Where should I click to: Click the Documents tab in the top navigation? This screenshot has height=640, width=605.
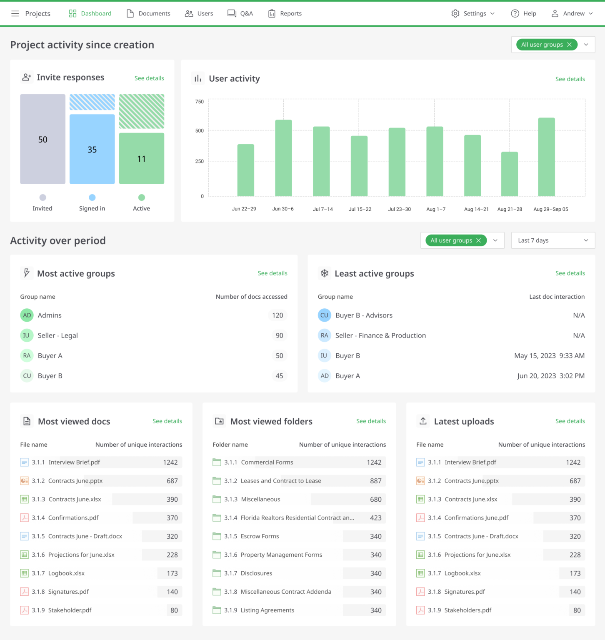coord(148,13)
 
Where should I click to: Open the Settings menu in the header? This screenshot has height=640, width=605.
coord(473,13)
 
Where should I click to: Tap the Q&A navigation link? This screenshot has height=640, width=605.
coord(240,13)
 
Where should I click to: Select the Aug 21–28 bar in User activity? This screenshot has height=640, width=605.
coord(509,174)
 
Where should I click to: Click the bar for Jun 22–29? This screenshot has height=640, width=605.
coord(245,170)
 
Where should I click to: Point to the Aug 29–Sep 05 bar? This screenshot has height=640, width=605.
coord(546,157)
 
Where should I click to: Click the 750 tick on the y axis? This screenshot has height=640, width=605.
coord(200,102)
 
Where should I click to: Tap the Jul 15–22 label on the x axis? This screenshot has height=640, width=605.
coord(360,209)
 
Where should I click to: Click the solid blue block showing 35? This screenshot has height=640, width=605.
coord(92,149)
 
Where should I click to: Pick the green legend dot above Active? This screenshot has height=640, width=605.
coord(142,197)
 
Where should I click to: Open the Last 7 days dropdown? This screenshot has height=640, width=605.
coord(553,240)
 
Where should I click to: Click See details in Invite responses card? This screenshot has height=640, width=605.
coord(149,78)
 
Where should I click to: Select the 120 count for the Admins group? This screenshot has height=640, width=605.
coord(277,315)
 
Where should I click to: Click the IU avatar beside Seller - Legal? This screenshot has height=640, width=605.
coord(27,335)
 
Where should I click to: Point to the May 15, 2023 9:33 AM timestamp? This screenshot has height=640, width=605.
coord(549,356)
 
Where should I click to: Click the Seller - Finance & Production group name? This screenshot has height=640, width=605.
coord(380,335)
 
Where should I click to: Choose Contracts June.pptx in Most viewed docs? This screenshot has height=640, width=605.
coord(75,481)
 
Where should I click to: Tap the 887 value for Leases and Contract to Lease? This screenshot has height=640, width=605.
coord(376,481)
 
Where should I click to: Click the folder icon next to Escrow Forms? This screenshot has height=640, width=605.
coord(217,536)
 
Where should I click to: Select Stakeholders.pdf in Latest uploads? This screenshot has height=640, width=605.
coord(468,610)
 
